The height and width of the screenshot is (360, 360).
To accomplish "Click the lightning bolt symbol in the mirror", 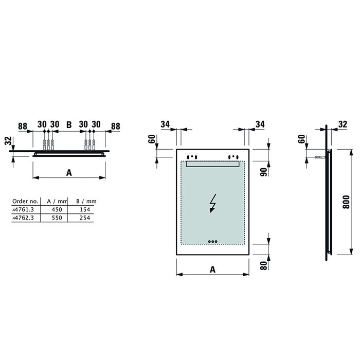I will pyautogui.click(x=212, y=204).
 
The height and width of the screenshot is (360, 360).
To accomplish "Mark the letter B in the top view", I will pyautogui.click(x=68, y=124).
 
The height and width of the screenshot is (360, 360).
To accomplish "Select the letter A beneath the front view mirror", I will pyautogui.click(x=212, y=268).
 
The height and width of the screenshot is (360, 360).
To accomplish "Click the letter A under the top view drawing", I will pyautogui.click(x=68, y=173).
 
